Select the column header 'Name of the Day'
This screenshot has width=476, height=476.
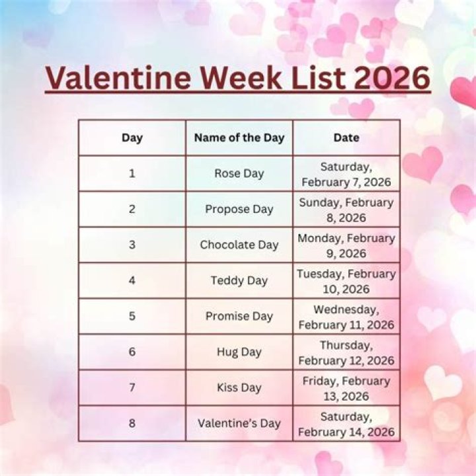[239, 138]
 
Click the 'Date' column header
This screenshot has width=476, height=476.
[346, 138]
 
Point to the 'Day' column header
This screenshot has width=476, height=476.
[132, 138]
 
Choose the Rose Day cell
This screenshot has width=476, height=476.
[239, 173]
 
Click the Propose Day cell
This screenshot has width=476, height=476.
[239, 209]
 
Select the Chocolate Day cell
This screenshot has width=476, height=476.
[239, 245]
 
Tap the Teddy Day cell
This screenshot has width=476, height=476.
[239, 280]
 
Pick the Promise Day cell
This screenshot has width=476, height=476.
[239, 316]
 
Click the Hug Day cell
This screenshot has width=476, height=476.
[239, 352]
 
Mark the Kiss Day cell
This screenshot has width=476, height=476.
[239, 387]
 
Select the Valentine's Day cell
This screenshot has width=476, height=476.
[239, 423]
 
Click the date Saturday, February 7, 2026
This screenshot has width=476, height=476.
[346, 174]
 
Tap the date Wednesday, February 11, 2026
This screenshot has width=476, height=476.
[346, 317]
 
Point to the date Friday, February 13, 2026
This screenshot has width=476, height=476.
[346, 388]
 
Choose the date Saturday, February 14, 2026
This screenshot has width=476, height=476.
[346, 424]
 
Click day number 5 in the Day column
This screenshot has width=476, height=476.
[132, 316]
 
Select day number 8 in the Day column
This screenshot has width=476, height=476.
[132, 423]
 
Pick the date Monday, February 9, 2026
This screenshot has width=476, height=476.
[346, 245]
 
